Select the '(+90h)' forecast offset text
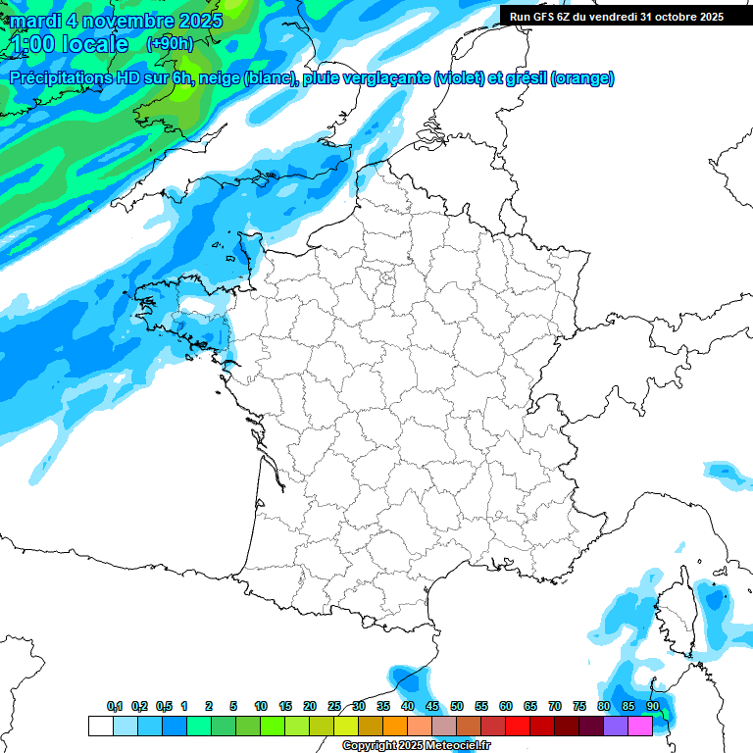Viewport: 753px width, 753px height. point(170,44)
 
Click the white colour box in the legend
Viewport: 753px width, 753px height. point(100,726)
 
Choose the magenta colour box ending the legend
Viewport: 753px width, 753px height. point(640,726)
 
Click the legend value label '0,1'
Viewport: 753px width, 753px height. point(115,706)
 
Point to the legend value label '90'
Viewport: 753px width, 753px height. point(653,706)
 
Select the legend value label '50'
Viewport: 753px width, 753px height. point(457,706)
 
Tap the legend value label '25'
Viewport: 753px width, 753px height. point(334,706)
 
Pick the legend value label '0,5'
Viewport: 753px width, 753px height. point(164,706)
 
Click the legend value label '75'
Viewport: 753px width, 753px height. point(579,706)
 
